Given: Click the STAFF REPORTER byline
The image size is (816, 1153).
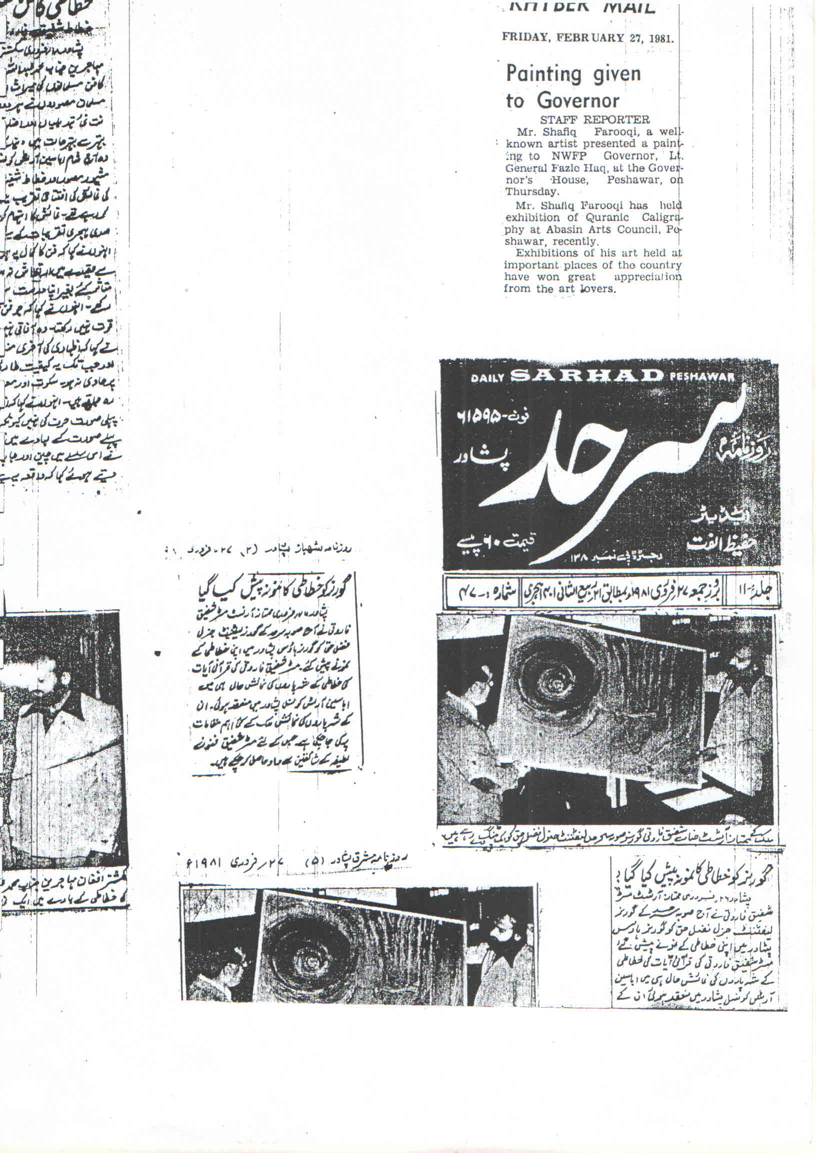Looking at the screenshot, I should [594, 119].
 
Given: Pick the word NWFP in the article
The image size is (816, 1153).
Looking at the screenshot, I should [568, 155].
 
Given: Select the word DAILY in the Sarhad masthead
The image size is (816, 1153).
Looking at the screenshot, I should [488, 378].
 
